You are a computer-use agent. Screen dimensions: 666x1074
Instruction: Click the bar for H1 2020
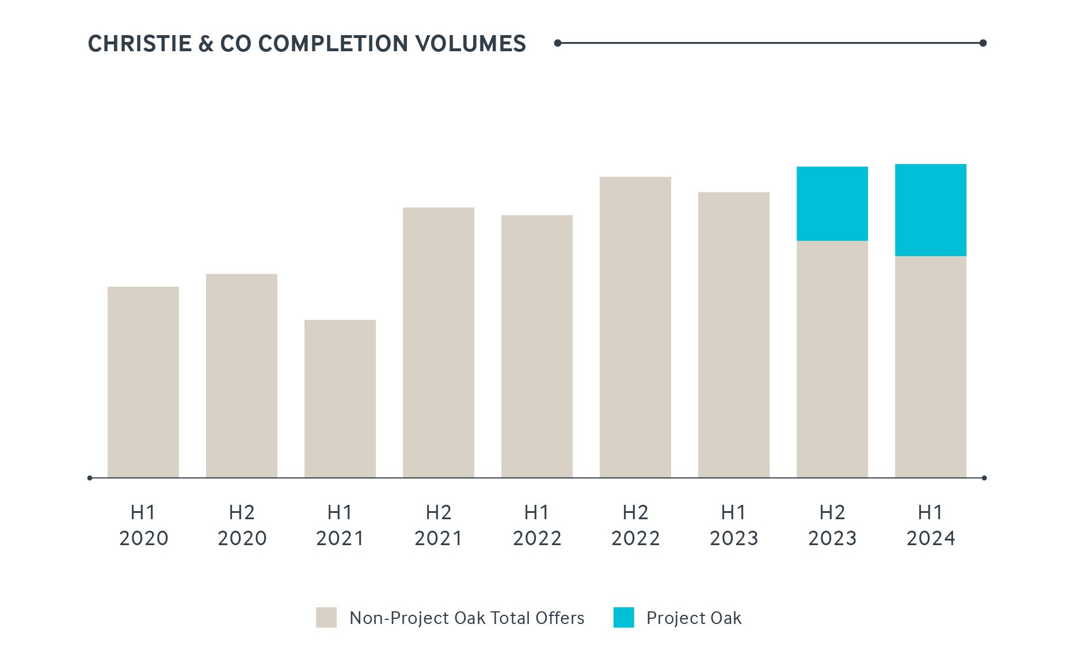pos(143,382)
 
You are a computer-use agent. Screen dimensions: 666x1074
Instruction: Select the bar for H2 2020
pos(241,375)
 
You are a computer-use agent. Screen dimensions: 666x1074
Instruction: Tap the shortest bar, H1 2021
pos(340,398)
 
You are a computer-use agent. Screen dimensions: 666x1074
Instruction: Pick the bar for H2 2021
pos(438,342)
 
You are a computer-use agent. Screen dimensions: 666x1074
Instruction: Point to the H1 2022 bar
pos(536,346)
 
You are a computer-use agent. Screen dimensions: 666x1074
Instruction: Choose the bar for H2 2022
pos(635,327)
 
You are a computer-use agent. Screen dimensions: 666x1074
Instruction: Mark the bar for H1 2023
pos(733,334)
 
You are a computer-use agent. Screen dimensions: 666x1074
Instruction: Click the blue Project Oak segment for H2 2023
pos(832,204)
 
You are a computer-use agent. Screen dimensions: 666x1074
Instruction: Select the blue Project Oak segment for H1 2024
pos(930,210)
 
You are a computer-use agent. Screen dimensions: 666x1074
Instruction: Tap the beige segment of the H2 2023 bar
pos(832,359)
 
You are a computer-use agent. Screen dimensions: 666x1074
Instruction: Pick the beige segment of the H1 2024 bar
pos(930,367)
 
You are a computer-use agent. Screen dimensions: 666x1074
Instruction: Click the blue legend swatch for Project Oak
pos(623,618)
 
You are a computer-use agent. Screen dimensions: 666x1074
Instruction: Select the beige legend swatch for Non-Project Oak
pos(326,618)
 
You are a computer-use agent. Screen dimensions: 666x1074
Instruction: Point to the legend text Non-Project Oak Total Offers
pos(467,618)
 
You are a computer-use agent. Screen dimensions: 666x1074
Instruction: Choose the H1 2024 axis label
pos(930,525)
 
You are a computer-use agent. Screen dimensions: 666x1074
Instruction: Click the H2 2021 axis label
pos(438,525)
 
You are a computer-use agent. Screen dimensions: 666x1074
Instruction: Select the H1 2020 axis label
pos(143,525)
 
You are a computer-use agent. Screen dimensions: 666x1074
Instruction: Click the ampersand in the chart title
pos(205,44)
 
